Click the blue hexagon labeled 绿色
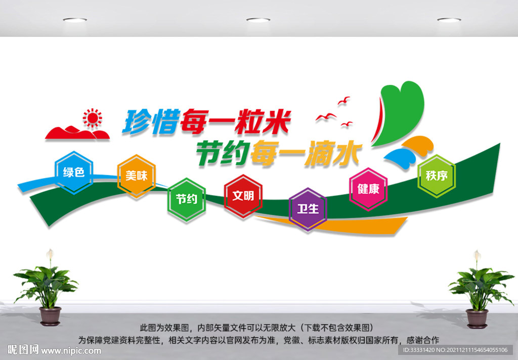point(74,172)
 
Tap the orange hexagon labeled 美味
point(136,176)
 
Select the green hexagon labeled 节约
point(187,199)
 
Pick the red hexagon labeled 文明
point(243,196)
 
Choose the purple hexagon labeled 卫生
point(308,209)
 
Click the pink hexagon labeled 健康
point(368,189)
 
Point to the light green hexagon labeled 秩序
point(437,176)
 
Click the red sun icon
point(92,118)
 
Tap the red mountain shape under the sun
point(76,133)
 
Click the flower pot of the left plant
point(50,316)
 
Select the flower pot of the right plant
point(477,318)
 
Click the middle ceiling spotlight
point(258,20)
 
